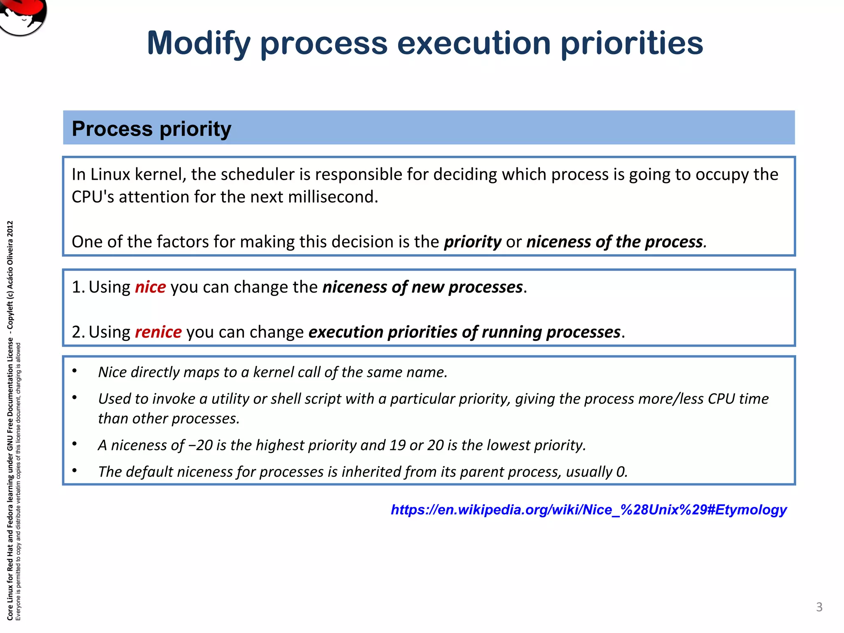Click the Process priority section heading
(151, 129)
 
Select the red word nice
(150, 287)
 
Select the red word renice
(158, 332)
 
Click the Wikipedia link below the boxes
(588, 510)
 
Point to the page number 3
(819, 607)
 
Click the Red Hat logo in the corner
(23, 16)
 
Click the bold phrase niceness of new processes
(422, 287)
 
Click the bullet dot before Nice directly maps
(75, 371)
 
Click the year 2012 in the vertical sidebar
(10, 229)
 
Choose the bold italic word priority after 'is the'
(472, 242)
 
